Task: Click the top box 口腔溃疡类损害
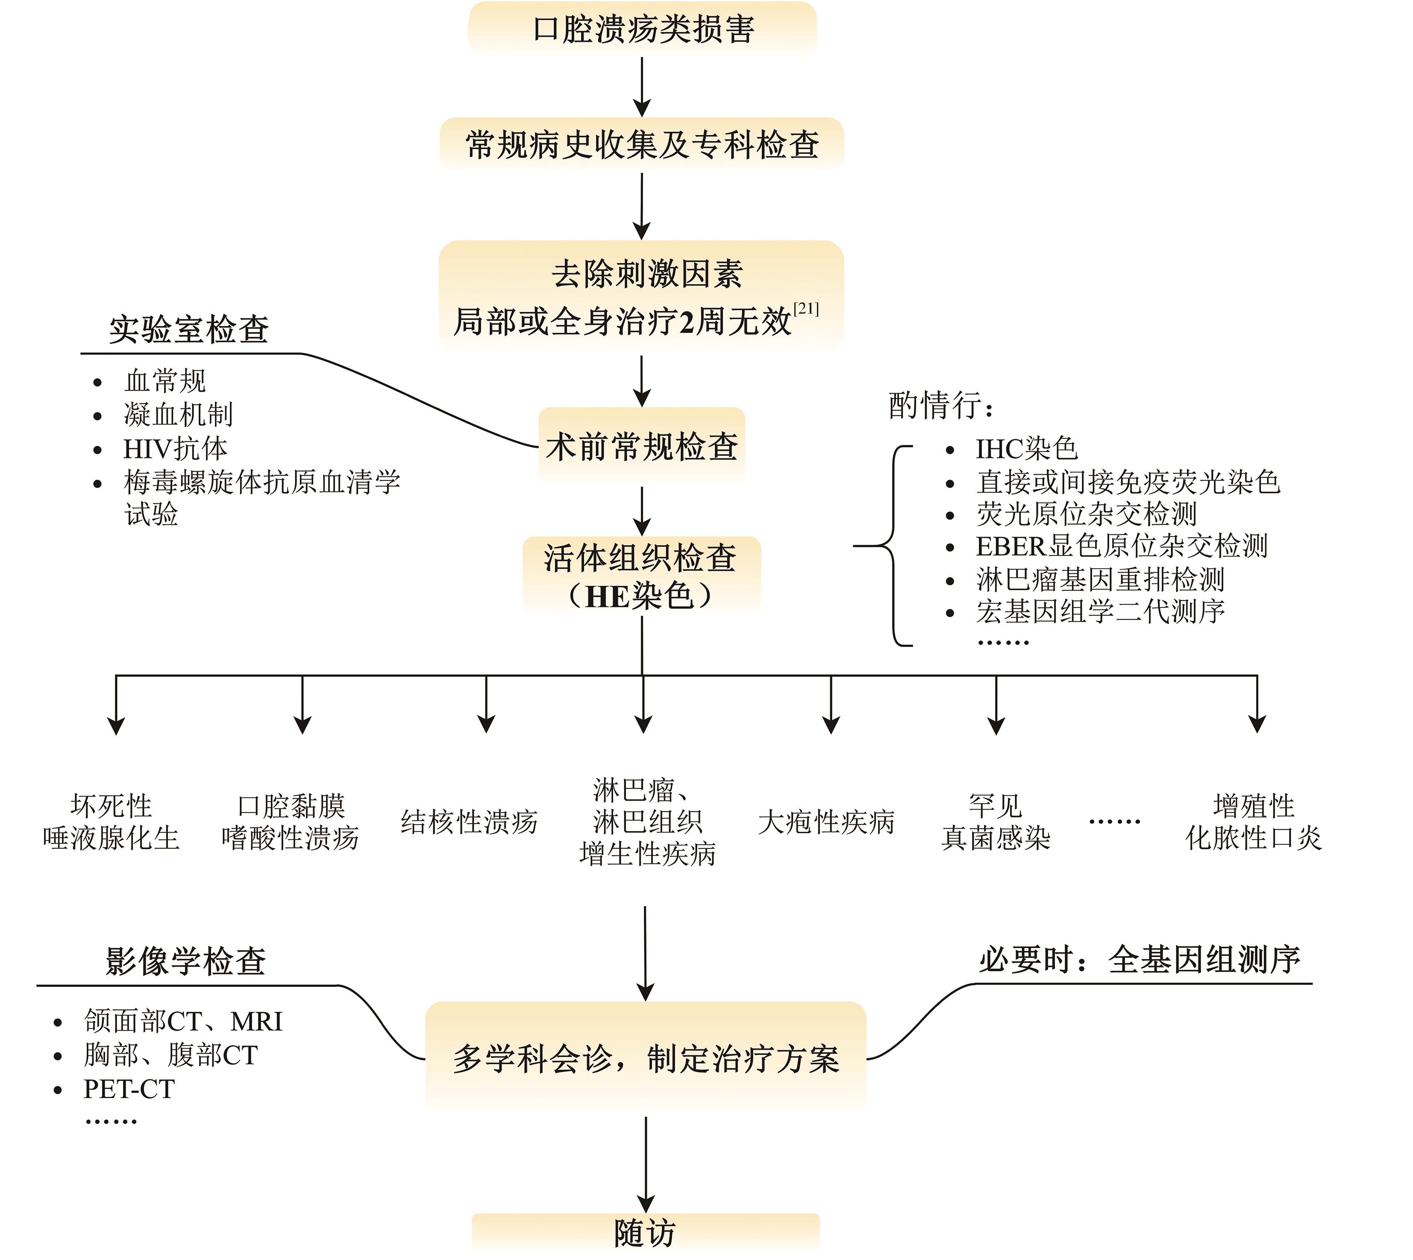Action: point(643,28)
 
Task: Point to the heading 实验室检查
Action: point(189,329)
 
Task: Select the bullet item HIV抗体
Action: point(175,449)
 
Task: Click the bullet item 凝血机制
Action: point(178,415)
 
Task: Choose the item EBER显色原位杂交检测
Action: point(1122,546)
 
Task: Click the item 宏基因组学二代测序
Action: point(1100,611)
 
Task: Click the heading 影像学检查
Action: point(185,961)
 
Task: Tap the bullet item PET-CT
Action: point(129,1089)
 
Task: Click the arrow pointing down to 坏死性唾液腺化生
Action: point(116,706)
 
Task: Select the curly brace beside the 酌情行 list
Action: point(893,546)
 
